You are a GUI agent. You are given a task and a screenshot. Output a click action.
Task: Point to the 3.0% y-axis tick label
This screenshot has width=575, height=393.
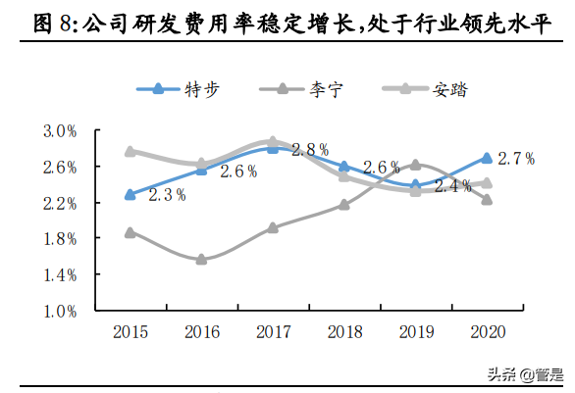pos(60,131)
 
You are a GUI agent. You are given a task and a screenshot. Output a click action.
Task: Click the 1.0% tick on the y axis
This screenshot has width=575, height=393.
pos(60,311)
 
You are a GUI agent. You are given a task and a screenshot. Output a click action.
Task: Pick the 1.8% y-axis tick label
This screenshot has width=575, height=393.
pos(60,239)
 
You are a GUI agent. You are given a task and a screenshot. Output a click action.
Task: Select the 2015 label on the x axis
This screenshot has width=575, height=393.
pos(131,332)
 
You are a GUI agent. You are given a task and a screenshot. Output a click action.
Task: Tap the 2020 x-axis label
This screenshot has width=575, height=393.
pos(486,332)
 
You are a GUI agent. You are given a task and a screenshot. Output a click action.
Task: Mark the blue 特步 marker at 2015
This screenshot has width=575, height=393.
pos(131,194)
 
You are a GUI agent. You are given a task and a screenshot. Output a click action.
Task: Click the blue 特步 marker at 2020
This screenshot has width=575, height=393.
pos(486,158)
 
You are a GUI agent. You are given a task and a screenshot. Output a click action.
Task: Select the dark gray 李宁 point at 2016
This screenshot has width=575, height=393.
pos(201,260)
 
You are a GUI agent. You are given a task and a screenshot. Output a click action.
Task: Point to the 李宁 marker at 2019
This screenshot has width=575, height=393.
pos(415,165)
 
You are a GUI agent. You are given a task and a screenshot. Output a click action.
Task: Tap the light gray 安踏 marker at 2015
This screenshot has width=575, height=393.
pos(131,151)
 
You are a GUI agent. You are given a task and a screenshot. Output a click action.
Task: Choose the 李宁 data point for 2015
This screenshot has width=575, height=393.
pos(131,232)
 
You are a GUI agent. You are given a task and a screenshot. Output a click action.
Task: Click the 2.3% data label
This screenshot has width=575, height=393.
pos(168,195)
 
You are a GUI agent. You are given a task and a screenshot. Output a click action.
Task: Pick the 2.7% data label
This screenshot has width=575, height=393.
pos(516,158)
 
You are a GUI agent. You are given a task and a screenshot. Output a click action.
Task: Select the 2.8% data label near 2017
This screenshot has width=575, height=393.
pos(310,150)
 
